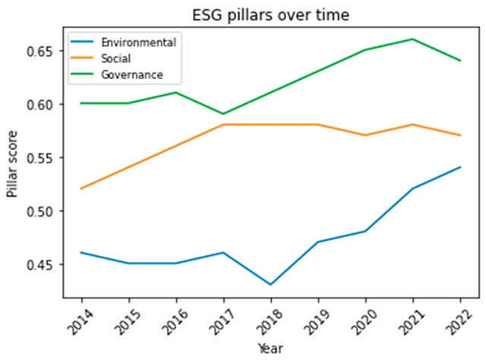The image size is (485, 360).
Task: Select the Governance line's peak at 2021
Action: [410, 39]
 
